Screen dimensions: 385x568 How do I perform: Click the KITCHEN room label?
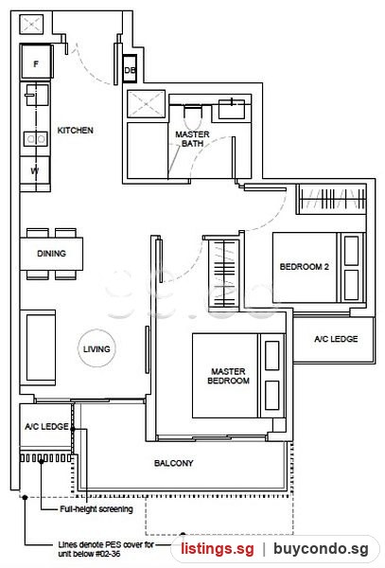76,131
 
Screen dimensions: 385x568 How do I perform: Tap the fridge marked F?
36,62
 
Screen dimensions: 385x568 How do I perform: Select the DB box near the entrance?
130,70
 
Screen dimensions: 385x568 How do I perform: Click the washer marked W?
35,170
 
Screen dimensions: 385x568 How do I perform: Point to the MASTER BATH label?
192,139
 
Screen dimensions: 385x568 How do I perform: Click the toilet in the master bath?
192,115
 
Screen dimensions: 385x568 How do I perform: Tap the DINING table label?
51,254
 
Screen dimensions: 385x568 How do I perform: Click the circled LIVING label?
96,348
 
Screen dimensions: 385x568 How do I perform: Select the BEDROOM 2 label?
304,267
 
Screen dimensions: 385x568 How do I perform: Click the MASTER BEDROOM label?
228,376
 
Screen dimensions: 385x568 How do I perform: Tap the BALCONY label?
173,463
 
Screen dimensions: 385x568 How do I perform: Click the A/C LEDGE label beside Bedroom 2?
336,339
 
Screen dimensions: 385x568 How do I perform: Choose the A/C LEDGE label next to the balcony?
46,426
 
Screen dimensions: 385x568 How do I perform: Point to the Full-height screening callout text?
96,509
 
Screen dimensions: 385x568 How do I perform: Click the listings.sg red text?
218,549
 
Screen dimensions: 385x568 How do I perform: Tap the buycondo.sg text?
321,549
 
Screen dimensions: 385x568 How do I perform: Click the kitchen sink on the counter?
36,95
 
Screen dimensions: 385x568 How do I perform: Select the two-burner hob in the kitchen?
35,139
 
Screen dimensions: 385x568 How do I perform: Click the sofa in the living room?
39,347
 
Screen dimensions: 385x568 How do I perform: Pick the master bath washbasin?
232,108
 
